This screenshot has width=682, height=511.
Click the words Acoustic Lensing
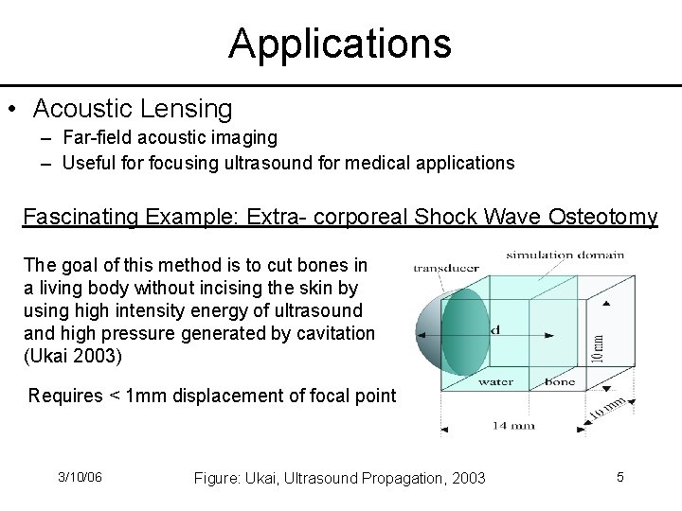coord(133,109)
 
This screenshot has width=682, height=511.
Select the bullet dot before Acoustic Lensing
coord(12,109)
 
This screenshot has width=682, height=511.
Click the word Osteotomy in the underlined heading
coord(603,217)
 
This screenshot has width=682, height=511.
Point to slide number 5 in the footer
coord(619,477)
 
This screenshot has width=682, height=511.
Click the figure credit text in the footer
coord(339,478)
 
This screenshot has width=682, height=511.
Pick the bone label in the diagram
coord(559,382)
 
